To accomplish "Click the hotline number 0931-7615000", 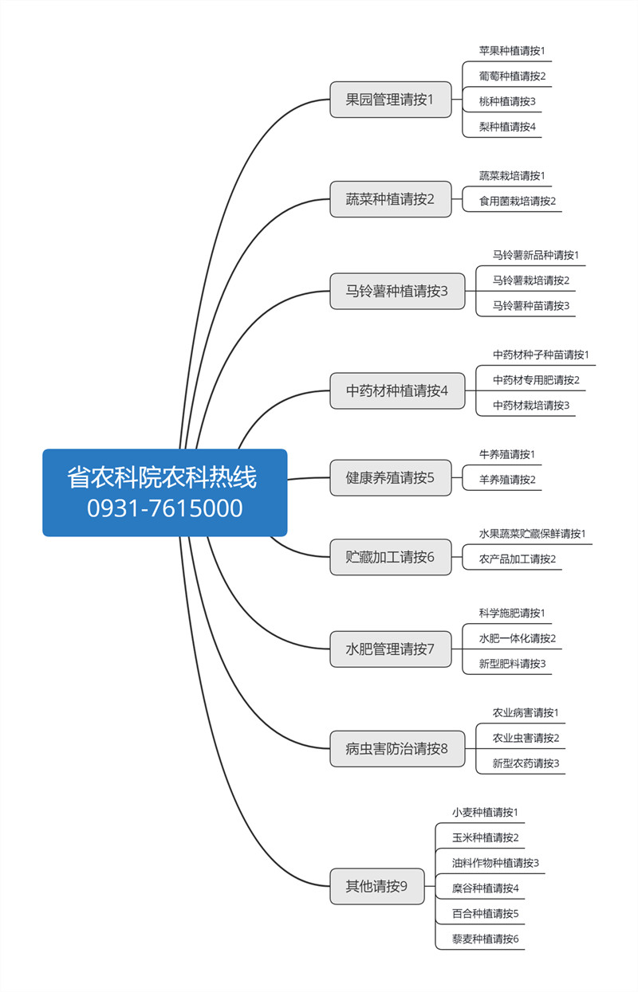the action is (164, 508).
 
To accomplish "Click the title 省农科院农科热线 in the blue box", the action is (162, 477).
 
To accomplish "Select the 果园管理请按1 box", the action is (391, 99).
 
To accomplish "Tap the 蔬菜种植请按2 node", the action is (391, 199).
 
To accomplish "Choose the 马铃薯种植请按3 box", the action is (397, 291).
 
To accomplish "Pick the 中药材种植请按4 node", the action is (397, 390).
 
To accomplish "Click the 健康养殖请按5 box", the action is (391, 477).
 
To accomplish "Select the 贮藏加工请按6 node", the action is (391, 557).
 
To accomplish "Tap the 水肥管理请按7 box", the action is (391, 649).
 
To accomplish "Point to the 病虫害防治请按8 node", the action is (397, 748).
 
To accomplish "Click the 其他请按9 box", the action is (377, 886).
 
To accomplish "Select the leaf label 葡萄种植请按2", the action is (512, 76).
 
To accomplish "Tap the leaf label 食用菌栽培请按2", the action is (517, 201).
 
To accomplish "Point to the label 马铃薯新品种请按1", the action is (536, 255).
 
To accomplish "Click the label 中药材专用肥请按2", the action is (536, 380).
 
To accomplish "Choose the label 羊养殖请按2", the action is (507, 480).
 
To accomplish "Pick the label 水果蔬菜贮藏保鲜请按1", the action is (532, 534).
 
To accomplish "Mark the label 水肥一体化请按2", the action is (517, 638).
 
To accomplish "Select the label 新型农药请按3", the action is (526, 763).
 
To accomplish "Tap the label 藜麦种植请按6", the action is (485, 939).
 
